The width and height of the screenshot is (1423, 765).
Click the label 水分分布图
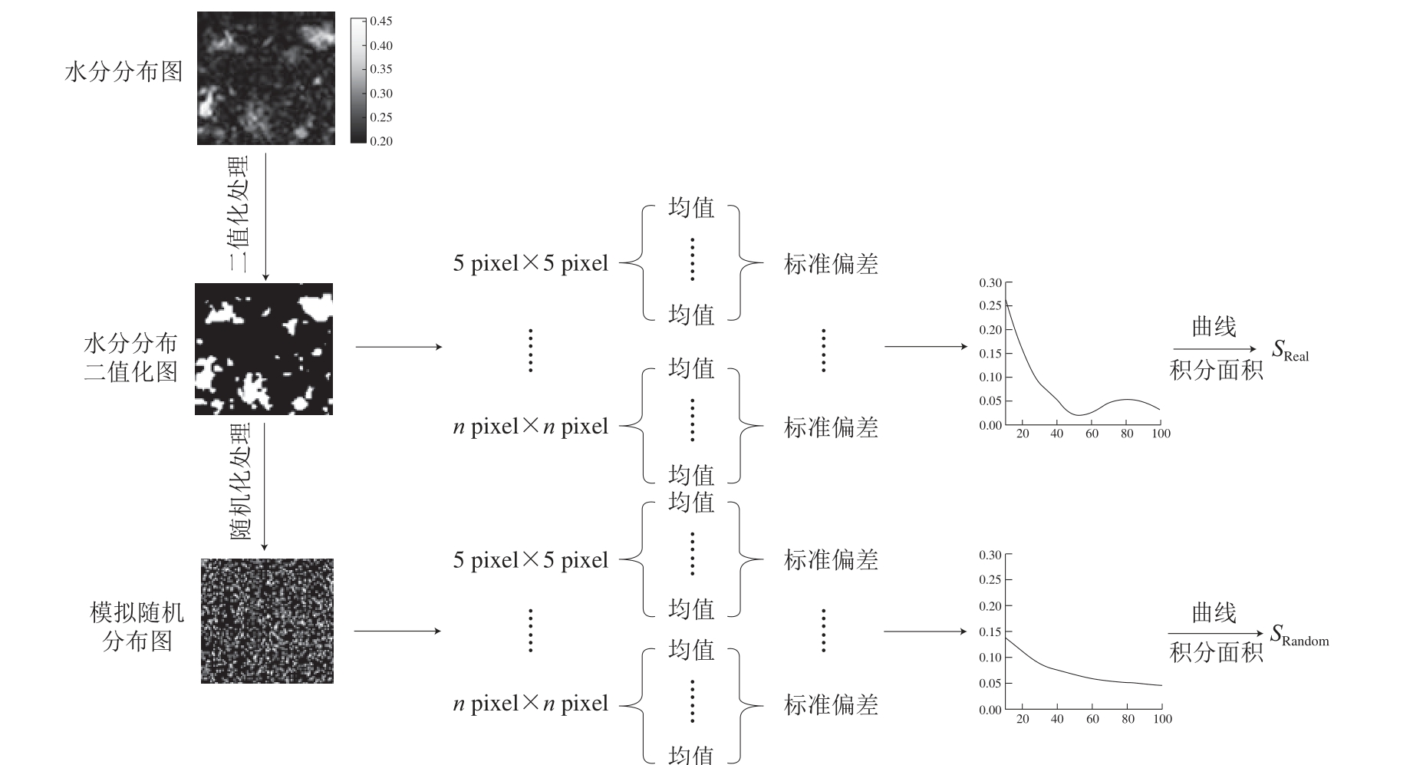coord(124,72)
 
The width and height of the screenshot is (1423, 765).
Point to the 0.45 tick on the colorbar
coord(381,21)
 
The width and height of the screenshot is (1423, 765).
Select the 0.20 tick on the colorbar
coord(381,141)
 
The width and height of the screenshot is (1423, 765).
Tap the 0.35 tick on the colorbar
coord(381,69)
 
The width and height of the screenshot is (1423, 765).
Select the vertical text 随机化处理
coord(240,481)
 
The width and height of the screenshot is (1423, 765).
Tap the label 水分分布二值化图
coord(130,357)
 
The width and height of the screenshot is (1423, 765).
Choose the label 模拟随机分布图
coord(137,626)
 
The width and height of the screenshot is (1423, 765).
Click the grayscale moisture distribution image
coord(266,78)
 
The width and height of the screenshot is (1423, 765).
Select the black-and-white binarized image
coord(264,349)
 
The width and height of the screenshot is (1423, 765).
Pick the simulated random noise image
coord(267,621)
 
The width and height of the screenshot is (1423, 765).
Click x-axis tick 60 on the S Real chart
coord(1092,434)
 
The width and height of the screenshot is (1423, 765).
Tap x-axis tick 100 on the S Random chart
coord(1162,719)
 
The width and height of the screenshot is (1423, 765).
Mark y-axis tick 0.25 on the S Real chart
coord(990,305)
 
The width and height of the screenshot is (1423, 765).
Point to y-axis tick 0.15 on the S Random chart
coord(990,631)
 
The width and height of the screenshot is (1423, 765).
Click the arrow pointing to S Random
coord(1214,634)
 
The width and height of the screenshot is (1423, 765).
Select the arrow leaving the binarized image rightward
coord(400,347)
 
